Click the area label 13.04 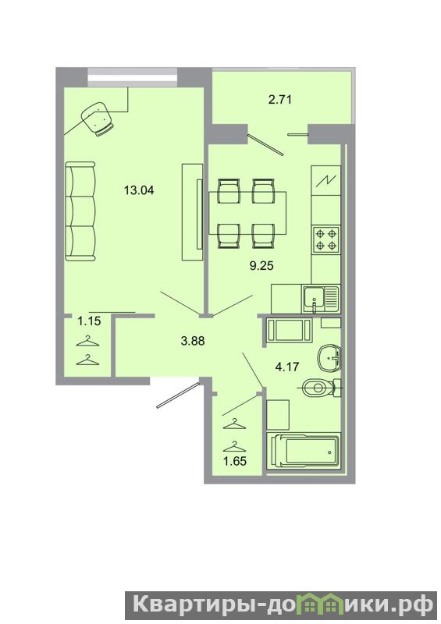coord(139,190)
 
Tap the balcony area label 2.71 coord(280,100)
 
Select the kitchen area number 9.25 coord(261,266)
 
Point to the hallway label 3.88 coord(193,341)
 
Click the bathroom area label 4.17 coord(286,366)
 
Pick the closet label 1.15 coord(89,321)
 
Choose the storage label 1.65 coord(235,462)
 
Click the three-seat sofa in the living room coord(80,211)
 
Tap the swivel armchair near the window coord(98,119)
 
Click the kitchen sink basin coord(315,298)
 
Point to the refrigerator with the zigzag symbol coord(326,181)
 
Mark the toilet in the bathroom coord(321,388)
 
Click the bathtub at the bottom coord(305,451)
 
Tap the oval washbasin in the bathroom coord(329,357)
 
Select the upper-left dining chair coord(229,190)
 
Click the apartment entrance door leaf coord(178,395)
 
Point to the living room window coord(132,76)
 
